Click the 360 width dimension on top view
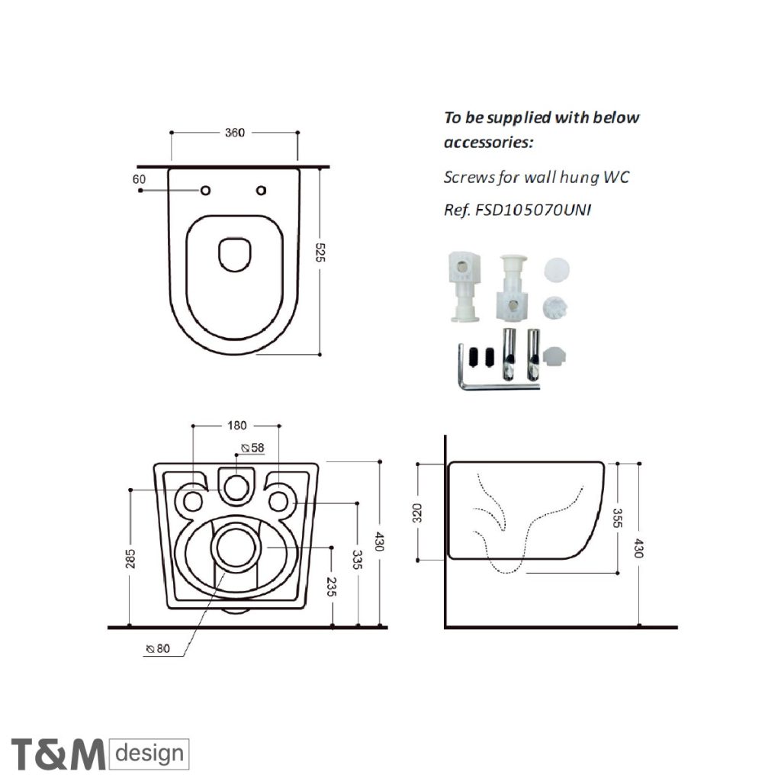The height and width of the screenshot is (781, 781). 235,133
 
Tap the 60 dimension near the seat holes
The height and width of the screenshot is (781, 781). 139,179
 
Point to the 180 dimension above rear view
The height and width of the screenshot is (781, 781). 235,426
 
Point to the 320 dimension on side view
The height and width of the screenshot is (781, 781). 417,512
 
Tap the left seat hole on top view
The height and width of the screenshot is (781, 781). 205,190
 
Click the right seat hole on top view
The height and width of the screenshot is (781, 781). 262,190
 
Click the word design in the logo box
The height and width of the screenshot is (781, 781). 150,754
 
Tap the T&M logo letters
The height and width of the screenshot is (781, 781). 58,754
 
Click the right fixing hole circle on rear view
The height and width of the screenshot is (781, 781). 280,500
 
